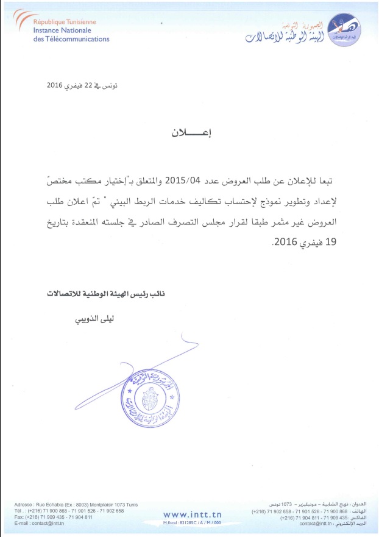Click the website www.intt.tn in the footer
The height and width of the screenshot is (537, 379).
(191, 515)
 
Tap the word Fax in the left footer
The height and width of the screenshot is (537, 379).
(19, 517)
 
